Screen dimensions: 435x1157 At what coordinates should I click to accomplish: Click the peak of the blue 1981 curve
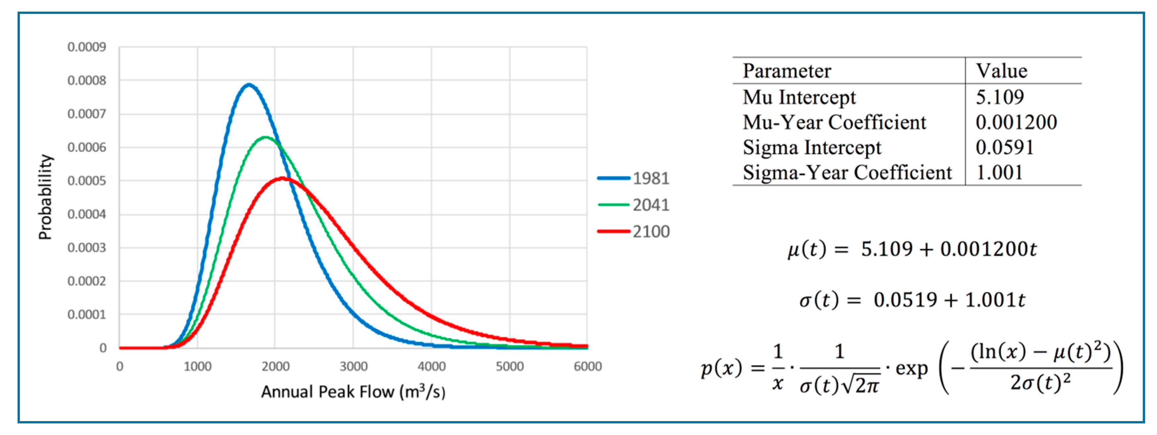249,84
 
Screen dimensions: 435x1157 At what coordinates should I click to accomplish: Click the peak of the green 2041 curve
265,137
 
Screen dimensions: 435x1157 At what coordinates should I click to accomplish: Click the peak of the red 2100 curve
282,178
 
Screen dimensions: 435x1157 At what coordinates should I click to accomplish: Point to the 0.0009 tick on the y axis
87,47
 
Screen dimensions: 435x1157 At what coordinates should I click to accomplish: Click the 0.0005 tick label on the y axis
87,181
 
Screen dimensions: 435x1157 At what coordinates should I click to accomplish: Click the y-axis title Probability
45,197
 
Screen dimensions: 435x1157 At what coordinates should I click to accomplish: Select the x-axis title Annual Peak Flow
353,392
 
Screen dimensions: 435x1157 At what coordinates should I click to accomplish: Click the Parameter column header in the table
787,71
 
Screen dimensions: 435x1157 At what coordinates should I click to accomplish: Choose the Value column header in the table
1001,71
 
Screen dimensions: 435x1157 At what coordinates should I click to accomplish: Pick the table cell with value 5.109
999,97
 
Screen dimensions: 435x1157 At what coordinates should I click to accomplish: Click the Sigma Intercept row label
812,147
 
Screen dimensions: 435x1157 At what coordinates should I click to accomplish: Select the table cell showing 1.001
999,173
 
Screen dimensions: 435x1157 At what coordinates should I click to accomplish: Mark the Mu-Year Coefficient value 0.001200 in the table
1016,122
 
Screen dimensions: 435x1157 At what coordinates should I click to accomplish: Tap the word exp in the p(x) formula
911,368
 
